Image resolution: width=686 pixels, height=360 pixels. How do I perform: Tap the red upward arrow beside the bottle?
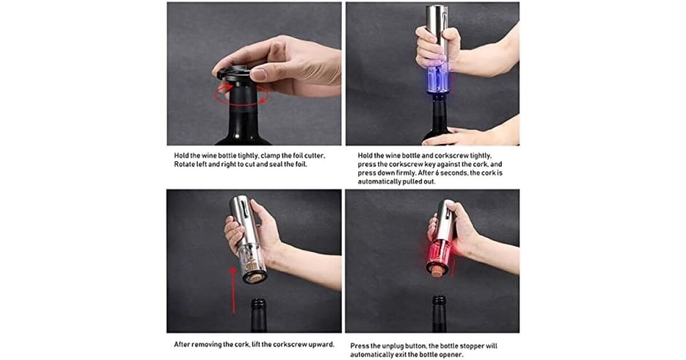tap(233, 290)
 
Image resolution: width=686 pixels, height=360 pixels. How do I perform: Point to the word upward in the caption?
tap(322, 345)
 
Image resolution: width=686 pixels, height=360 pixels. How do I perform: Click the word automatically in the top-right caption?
tap(377, 182)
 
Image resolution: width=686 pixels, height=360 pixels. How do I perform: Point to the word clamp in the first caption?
tap(269, 156)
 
